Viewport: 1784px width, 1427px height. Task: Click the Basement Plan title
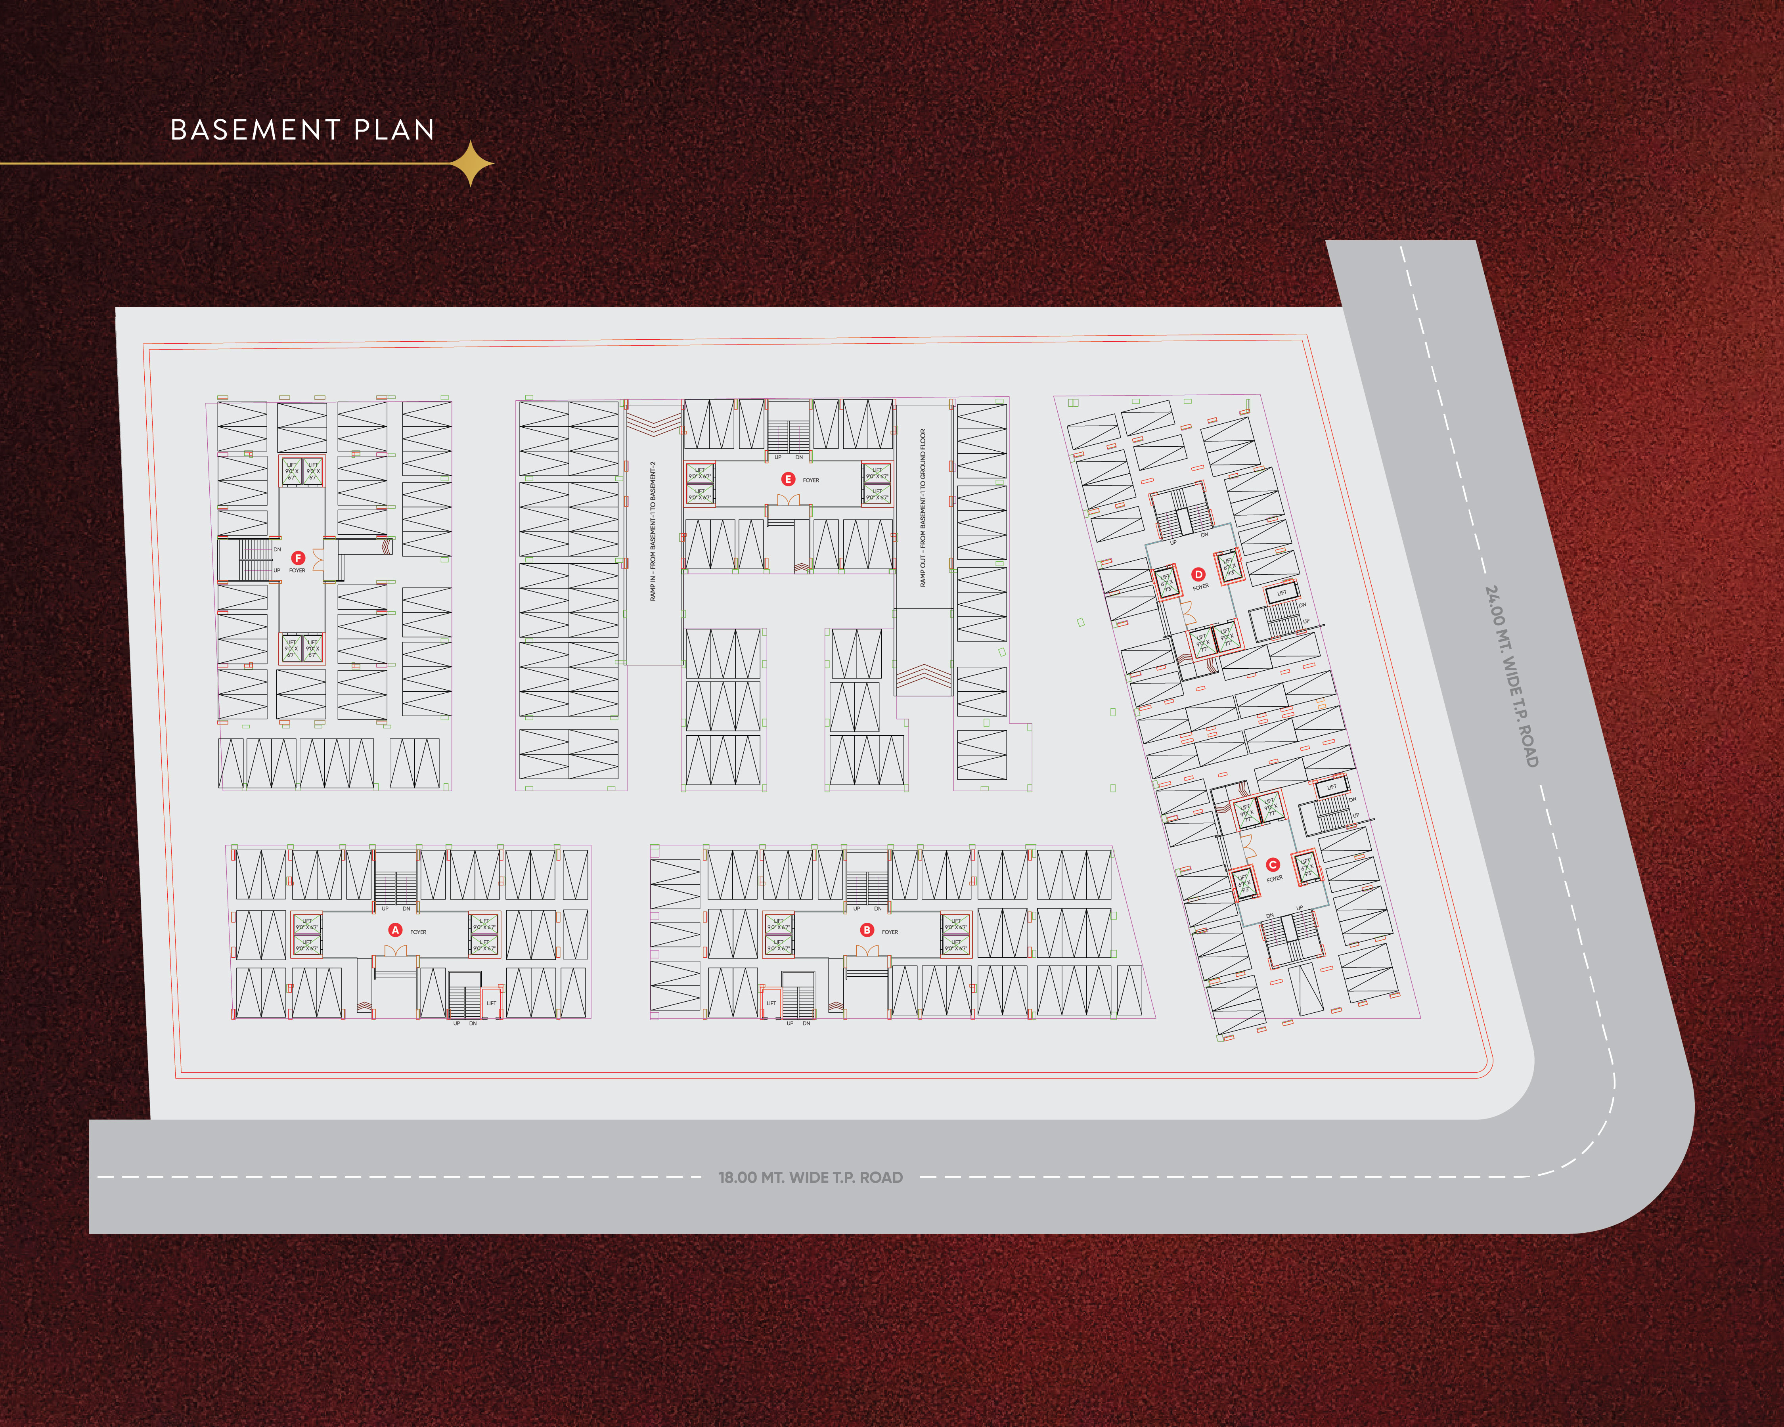[x=302, y=130]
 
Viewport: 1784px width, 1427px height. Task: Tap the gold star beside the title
[x=471, y=163]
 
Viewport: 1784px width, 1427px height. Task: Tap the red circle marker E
[x=788, y=479]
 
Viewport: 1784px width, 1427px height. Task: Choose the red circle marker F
[x=299, y=559]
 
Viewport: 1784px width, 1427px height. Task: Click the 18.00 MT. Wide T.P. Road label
[x=810, y=1177]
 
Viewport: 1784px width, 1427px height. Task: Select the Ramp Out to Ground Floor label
[x=923, y=507]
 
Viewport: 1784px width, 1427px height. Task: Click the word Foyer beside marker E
[x=811, y=480]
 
